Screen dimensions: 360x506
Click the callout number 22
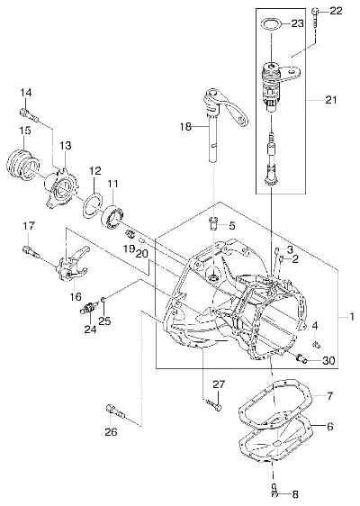click(335, 12)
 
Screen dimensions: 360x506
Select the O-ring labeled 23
click(270, 24)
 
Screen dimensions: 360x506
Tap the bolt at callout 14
click(29, 114)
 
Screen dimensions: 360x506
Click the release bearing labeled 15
click(22, 165)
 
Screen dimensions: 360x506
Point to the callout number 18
click(185, 126)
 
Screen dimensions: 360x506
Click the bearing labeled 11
click(112, 216)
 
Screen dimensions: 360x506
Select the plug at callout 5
click(213, 223)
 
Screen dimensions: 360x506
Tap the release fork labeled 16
click(72, 265)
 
